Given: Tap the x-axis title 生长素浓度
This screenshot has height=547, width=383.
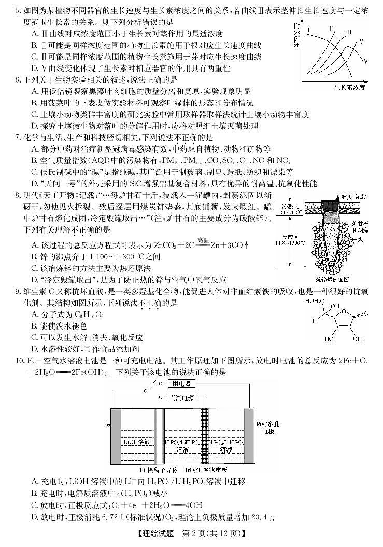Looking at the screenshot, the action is coord(346,87).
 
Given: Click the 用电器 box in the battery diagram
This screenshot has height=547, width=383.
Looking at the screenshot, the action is coord(181,384).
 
